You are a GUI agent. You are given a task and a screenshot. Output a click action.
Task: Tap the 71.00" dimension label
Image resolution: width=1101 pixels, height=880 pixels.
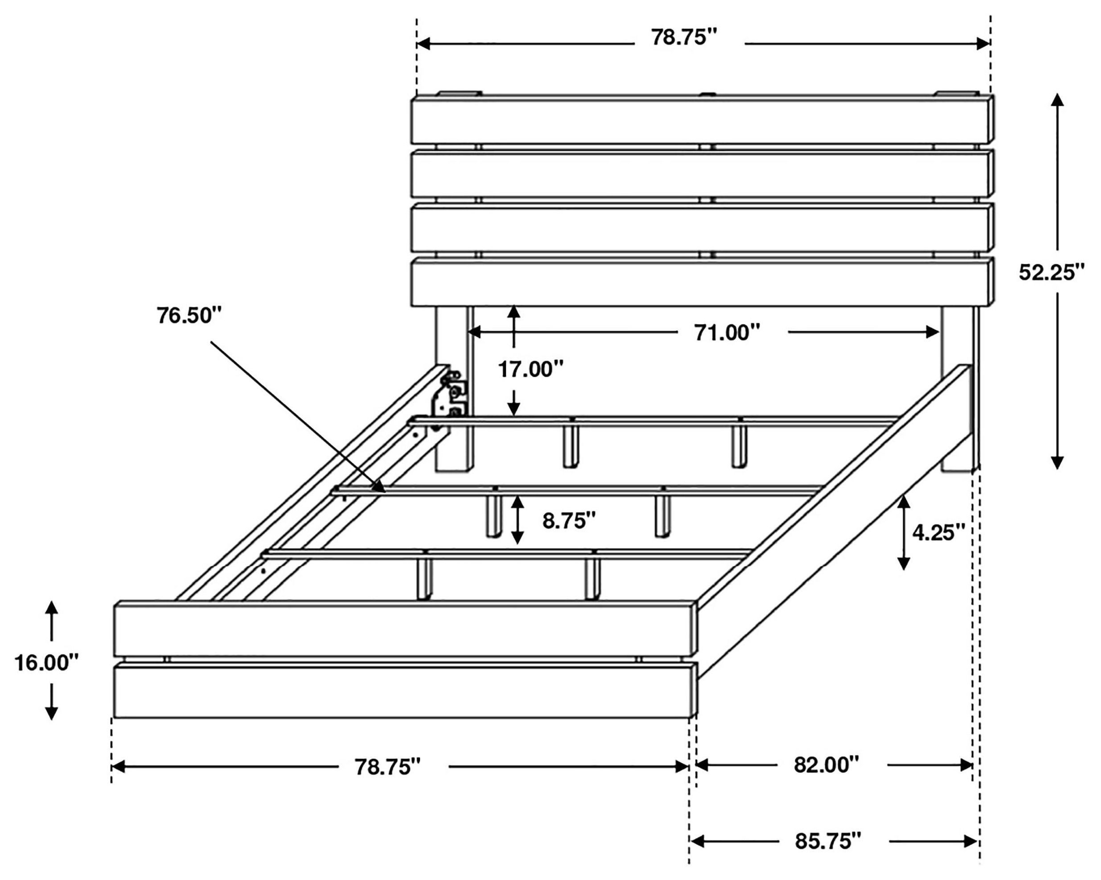coord(727,333)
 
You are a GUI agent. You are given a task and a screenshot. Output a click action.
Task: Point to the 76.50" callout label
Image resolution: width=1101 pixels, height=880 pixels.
coord(190,315)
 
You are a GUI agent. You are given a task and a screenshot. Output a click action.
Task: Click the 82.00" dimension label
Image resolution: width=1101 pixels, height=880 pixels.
coord(826,764)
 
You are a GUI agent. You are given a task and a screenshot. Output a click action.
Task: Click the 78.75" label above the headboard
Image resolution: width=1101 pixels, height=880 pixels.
coord(684,37)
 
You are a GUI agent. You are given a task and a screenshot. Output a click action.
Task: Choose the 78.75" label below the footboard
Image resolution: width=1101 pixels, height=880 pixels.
coord(388,767)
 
